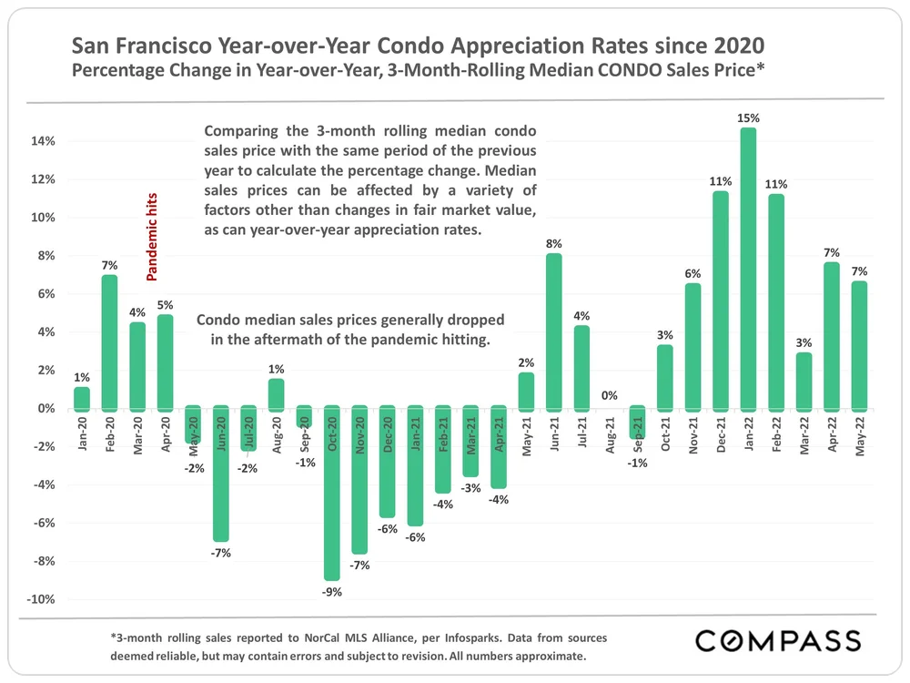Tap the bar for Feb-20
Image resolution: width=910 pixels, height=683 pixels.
109,341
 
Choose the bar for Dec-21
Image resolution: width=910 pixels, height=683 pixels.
721,300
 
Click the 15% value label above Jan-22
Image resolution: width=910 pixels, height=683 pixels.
748,118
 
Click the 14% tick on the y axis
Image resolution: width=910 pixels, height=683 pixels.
45,141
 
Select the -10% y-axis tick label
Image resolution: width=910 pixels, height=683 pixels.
44,599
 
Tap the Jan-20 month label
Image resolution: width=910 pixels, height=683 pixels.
82,433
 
